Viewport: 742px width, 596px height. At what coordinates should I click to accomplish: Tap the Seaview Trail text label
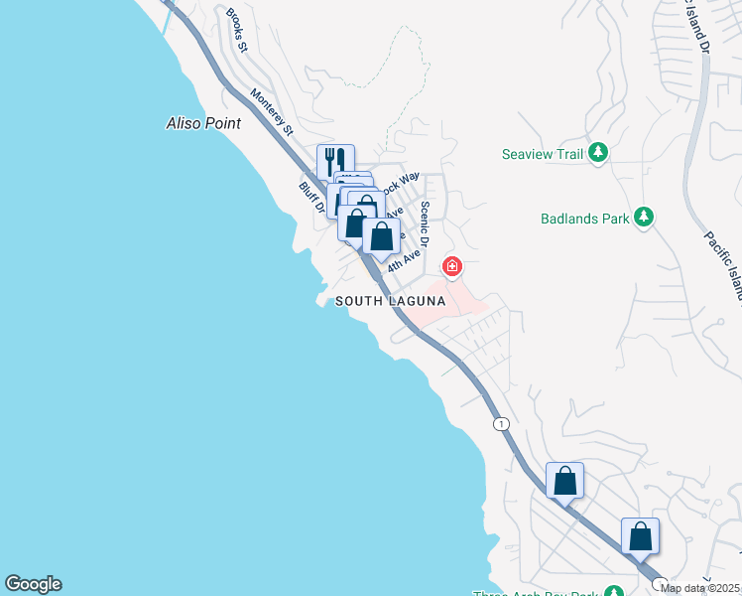tap(543, 154)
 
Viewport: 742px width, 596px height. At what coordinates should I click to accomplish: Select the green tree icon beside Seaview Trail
tap(597, 153)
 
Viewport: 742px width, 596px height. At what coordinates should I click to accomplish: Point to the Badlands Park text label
tap(584, 219)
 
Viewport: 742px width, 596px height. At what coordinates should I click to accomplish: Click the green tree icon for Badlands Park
tap(643, 217)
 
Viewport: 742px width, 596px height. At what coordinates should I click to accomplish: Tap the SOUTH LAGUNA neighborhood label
tap(388, 301)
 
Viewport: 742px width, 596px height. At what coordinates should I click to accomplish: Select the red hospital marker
tap(451, 266)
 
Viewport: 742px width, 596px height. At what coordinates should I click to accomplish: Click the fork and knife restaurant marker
tap(335, 162)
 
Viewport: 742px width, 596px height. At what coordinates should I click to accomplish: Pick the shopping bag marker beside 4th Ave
tap(381, 237)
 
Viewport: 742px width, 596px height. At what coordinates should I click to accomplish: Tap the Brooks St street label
tap(236, 30)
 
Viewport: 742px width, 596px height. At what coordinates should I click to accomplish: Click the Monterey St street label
tap(273, 111)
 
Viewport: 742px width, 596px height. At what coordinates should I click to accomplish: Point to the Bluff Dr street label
tap(311, 197)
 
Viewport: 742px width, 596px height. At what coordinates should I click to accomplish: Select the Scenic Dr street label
tap(425, 223)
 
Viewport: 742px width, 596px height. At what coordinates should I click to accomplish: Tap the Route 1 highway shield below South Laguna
tap(502, 423)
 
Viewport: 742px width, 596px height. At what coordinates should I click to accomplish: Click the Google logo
tap(33, 584)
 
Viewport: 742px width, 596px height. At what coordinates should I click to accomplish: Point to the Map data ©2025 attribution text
tap(700, 588)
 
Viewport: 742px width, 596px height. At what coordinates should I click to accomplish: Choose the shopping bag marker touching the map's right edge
tap(640, 536)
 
